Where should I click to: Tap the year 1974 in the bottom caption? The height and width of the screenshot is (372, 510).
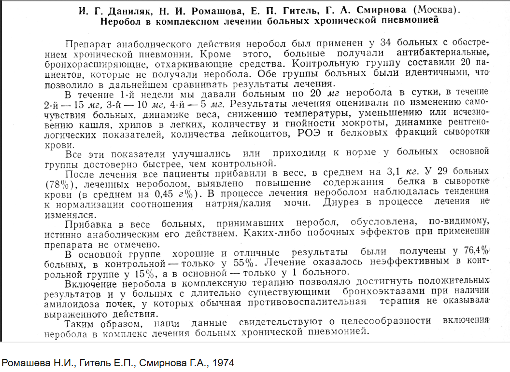click(x=223, y=362)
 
